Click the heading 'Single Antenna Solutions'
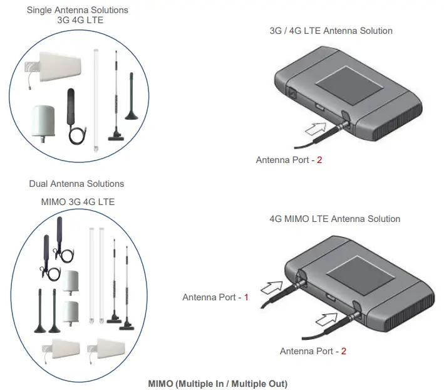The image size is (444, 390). pos(78,10)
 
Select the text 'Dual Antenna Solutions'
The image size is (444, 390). pos(76,184)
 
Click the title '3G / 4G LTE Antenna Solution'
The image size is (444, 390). pos(330,31)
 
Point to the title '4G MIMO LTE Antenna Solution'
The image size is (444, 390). pos(334,219)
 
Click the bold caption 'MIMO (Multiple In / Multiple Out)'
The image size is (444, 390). pos(217,382)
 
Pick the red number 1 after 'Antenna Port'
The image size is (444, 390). pos(246,297)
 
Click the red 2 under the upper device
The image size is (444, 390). pos(319,160)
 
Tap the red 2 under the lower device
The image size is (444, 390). pos(343,350)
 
